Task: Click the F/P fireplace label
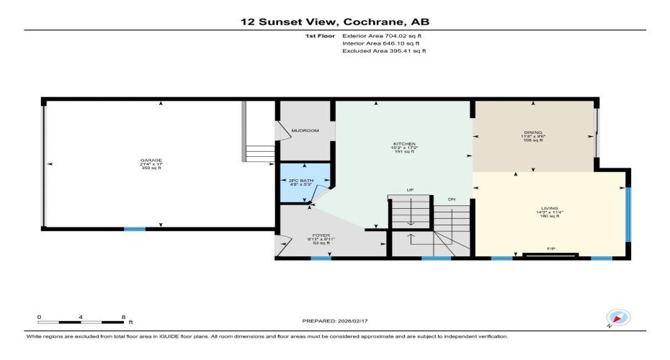pyautogui.click(x=551, y=249)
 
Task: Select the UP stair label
pyautogui.click(x=411, y=190)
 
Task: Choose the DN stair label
pyautogui.click(x=451, y=199)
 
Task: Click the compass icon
pyautogui.click(x=619, y=317)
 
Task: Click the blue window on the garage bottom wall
pyautogui.click(x=134, y=229)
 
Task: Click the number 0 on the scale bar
pyautogui.click(x=40, y=317)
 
